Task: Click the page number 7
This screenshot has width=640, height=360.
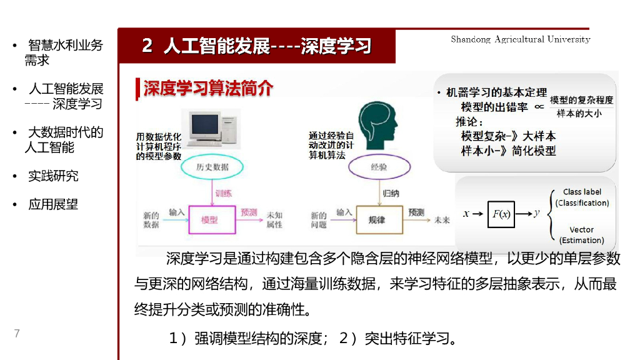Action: coord(17,333)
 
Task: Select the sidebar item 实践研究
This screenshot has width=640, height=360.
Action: coord(53,176)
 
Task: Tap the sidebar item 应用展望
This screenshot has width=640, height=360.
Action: coord(53,204)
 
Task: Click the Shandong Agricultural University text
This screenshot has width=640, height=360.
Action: coord(520,39)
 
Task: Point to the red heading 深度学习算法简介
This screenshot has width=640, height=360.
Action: coord(208,88)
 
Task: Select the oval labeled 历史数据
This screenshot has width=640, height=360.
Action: coord(212,167)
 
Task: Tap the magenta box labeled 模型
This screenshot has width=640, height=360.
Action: coord(209,220)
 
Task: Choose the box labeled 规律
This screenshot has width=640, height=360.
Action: coord(377,220)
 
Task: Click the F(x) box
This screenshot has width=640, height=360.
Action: coord(501,214)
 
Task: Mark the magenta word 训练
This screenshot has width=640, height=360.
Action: coord(223,193)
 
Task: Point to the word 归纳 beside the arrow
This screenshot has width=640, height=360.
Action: coord(391,193)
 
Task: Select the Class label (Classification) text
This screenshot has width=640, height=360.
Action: coord(582,197)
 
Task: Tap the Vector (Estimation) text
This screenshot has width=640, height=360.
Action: coord(581,235)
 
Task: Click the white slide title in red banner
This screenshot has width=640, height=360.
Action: coord(256,46)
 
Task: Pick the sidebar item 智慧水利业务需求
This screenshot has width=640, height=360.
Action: coord(62,52)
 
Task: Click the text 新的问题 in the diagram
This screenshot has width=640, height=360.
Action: coord(319,219)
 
